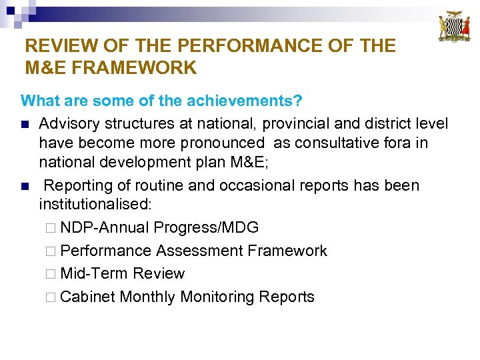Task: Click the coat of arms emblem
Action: [454, 27]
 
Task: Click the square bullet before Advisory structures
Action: [25, 124]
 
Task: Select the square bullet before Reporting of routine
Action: [25, 186]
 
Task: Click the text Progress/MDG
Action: [206, 227]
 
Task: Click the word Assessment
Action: [199, 251]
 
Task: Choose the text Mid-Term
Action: [95, 273]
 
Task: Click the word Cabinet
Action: [87, 297]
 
